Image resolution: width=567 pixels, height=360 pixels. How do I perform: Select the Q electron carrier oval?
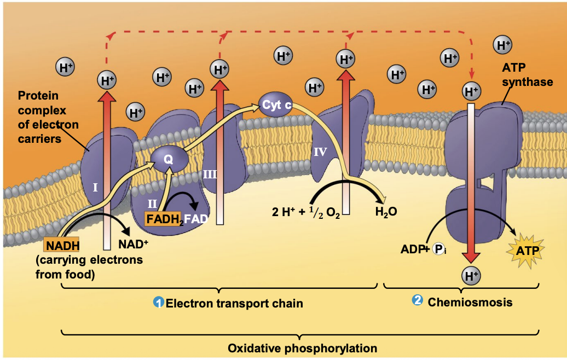[x=169, y=159]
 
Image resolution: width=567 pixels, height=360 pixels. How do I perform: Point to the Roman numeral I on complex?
[x=95, y=188]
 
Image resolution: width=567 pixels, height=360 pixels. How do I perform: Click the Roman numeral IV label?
[x=320, y=152]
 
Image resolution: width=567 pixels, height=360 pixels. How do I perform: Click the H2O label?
[x=386, y=212]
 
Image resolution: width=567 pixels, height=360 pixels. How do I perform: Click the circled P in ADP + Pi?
[x=438, y=249]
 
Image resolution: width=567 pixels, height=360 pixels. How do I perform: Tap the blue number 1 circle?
[x=159, y=303]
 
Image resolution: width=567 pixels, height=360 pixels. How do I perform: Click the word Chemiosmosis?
[x=470, y=301]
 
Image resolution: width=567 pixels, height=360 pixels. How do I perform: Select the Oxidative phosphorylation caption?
[x=302, y=348]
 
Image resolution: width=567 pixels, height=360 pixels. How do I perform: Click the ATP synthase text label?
[x=528, y=75]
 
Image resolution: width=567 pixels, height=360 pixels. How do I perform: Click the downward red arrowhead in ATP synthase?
[x=471, y=257]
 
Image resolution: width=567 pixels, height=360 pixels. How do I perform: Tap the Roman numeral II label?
[x=152, y=204]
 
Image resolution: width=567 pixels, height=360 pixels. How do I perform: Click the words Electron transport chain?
[x=234, y=303]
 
